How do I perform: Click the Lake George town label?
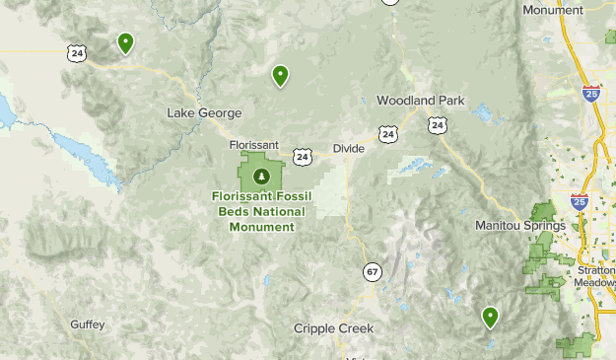coord(204,112)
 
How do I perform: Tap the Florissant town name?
coord(254,144)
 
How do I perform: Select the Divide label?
coord(348,148)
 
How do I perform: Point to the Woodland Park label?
coord(420,101)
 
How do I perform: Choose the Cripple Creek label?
coord(334,328)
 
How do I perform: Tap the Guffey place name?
coord(87,324)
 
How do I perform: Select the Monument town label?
coord(553,10)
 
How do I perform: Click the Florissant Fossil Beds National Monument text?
coord(261,211)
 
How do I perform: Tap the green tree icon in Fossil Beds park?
coord(261,177)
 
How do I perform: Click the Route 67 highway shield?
coord(371,271)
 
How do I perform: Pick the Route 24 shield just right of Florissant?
coord(302,156)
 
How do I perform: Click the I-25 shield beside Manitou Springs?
coord(580,202)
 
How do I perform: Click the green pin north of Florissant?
coord(281,75)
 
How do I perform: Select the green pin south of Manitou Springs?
coord(490,317)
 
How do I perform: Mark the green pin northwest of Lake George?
coord(126,42)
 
